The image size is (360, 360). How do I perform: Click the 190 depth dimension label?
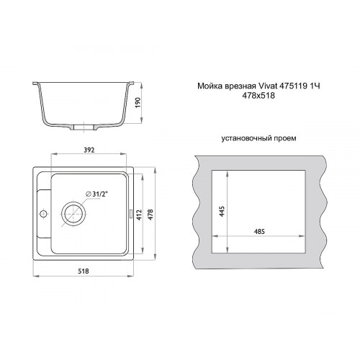(138, 103)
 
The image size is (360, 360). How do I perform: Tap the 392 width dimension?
(89, 150)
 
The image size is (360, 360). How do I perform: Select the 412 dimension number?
(139, 215)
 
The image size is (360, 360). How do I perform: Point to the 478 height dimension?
(150, 215)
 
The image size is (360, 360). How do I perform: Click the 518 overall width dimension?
(84, 271)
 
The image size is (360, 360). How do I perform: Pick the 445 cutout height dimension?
(222, 211)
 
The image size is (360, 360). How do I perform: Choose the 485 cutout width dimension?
(259, 232)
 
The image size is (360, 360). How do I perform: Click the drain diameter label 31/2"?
(97, 194)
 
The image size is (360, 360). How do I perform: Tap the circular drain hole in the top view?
(73, 213)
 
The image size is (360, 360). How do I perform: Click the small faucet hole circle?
(43, 213)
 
